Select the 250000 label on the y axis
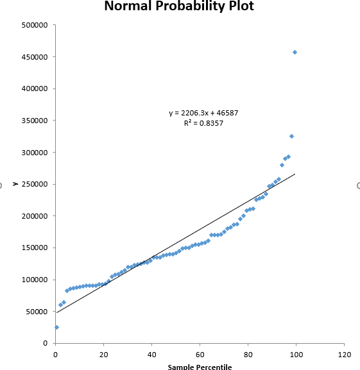(x=35, y=184)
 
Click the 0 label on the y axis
(x=46, y=343)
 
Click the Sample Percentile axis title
(x=200, y=367)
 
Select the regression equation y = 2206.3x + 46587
(x=203, y=113)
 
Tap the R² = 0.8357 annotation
(x=203, y=122)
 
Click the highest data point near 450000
(x=295, y=52)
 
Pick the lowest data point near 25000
(x=56, y=327)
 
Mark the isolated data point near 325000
(x=291, y=136)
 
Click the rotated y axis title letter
(x=14, y=183)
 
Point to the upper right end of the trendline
(x=295, y=174)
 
